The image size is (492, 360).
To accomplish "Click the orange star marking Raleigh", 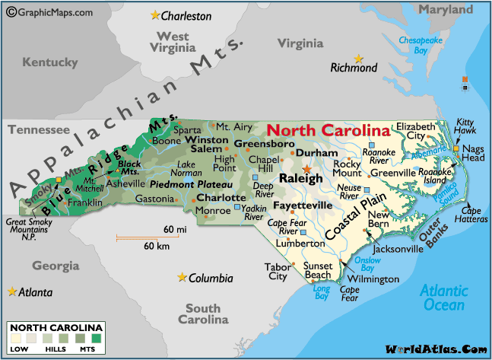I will (307, 169).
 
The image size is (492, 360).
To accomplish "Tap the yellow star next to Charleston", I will (156, 14).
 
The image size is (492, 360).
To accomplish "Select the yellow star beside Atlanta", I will (11, 291).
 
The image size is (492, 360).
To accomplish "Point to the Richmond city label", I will (354, 68).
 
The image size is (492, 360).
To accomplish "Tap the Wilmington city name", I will (373, 279).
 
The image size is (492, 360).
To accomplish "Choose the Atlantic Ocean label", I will (443, 298).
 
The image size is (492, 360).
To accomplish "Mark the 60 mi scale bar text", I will (174, 229).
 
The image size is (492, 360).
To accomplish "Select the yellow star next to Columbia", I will (181, 277).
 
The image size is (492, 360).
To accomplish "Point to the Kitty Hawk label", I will (464, 126).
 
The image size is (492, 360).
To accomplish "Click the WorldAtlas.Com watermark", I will (435, 349).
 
